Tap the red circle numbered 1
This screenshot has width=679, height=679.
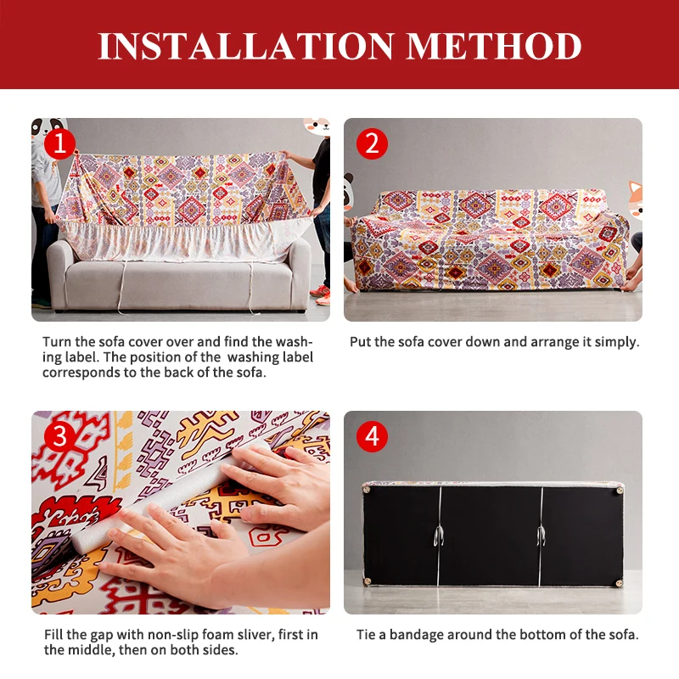tap(59, 143)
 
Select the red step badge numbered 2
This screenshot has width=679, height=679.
tap(371, 143)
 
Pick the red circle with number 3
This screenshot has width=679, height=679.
tap(59, 437)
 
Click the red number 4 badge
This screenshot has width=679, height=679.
tap(371, 437)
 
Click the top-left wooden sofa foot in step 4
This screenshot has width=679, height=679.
tap(367, 487)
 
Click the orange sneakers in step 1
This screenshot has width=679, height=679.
tap(320, 293)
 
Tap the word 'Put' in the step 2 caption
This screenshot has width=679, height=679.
tap(361, 342)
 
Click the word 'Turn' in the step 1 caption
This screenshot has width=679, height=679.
tap(58, 342)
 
